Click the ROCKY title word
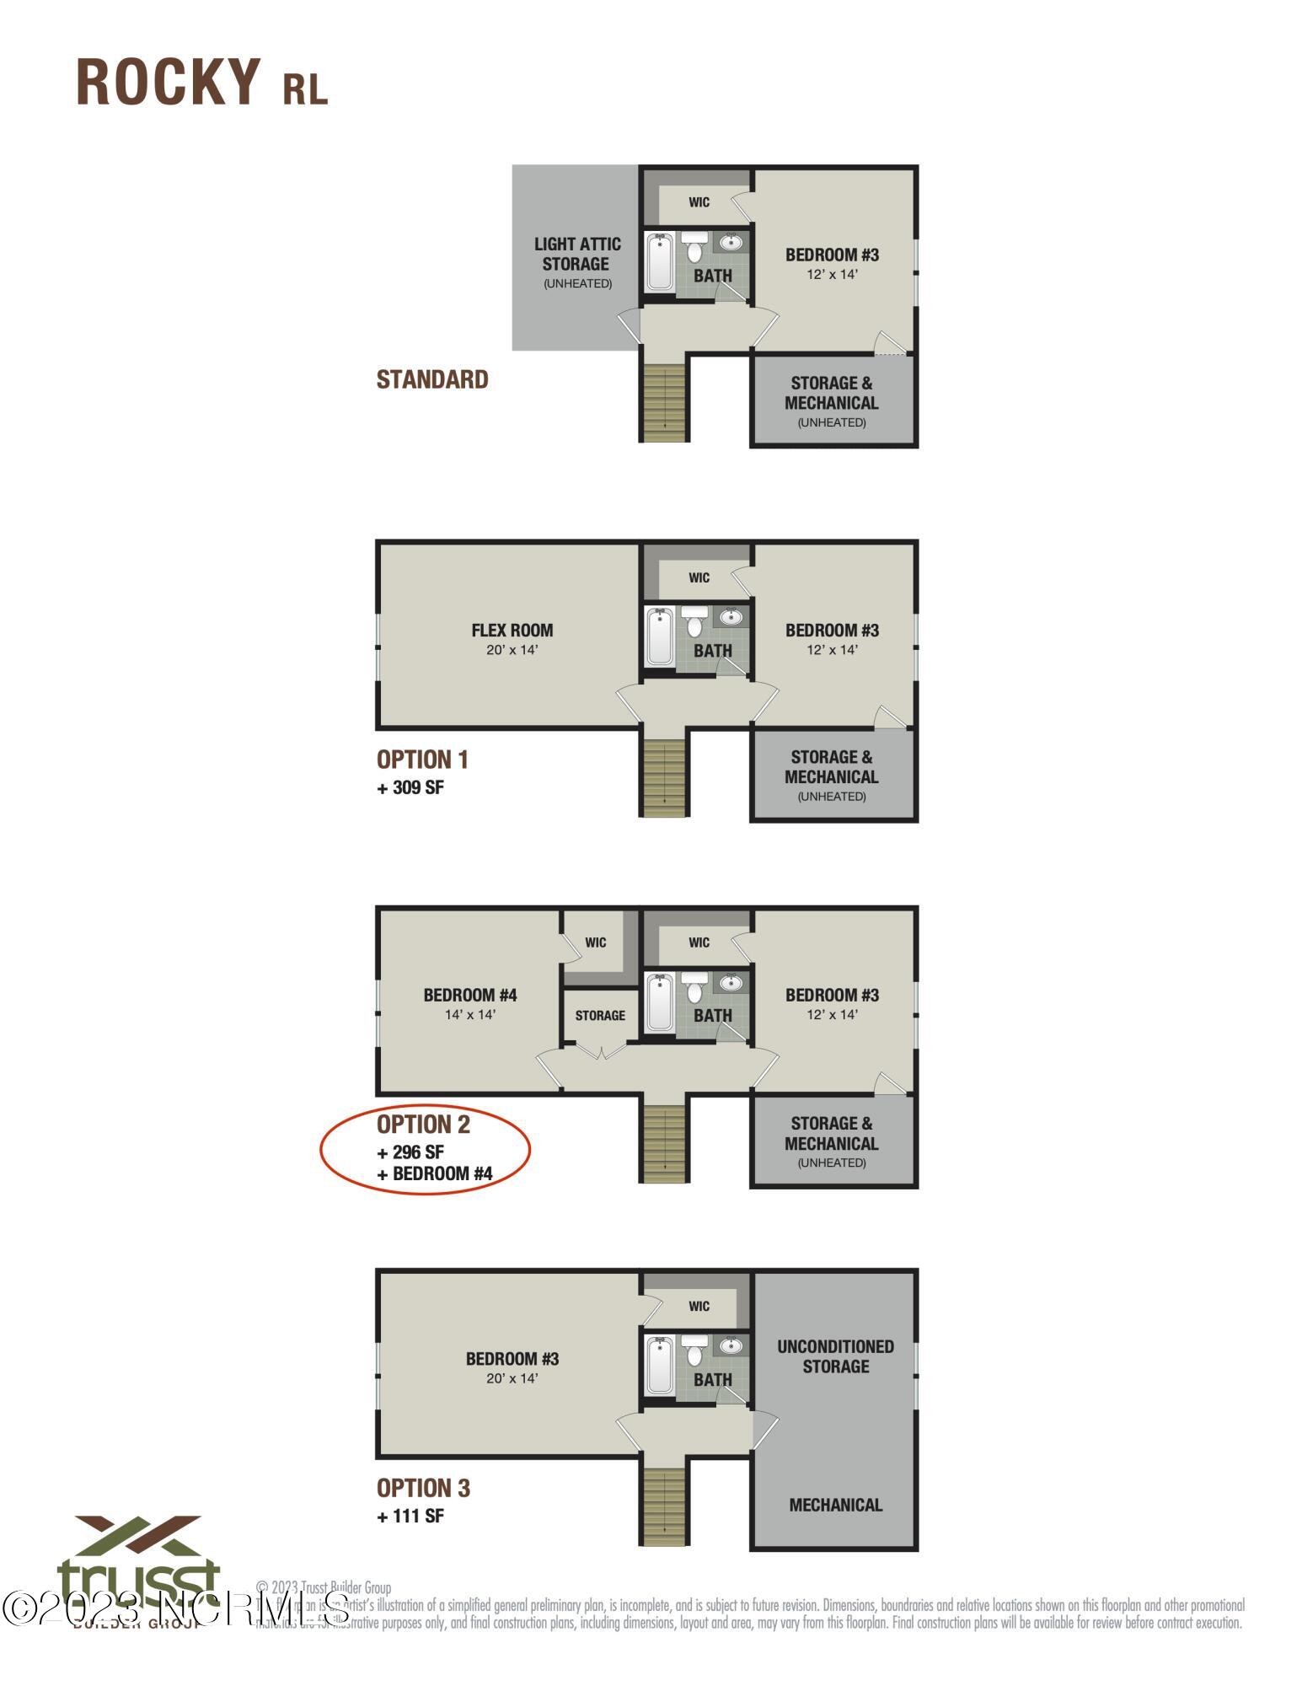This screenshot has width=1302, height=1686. [169, 83]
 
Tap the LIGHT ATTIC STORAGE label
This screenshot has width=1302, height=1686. [577, 254]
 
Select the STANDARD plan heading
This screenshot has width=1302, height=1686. [432, 379]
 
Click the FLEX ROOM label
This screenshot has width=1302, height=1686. [512, 630]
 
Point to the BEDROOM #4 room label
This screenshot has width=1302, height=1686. [470, 995]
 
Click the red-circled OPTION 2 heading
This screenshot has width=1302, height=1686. [423, 1124]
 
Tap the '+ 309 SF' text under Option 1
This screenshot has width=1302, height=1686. [410, 787]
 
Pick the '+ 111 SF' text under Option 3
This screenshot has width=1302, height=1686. [410, 1516]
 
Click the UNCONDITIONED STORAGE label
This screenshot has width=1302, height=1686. [835, 1356]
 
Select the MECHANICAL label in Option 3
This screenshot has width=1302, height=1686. [835, 1505]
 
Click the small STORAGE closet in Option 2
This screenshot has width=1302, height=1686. [600, 1015]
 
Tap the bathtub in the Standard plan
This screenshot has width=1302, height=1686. [659, 261]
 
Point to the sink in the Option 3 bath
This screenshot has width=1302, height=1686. [731, 1346]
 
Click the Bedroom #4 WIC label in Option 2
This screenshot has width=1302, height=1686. [596, 942]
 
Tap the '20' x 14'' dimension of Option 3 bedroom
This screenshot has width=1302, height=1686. [512, 1378]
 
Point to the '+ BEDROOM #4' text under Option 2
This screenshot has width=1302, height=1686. [435, 1173]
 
